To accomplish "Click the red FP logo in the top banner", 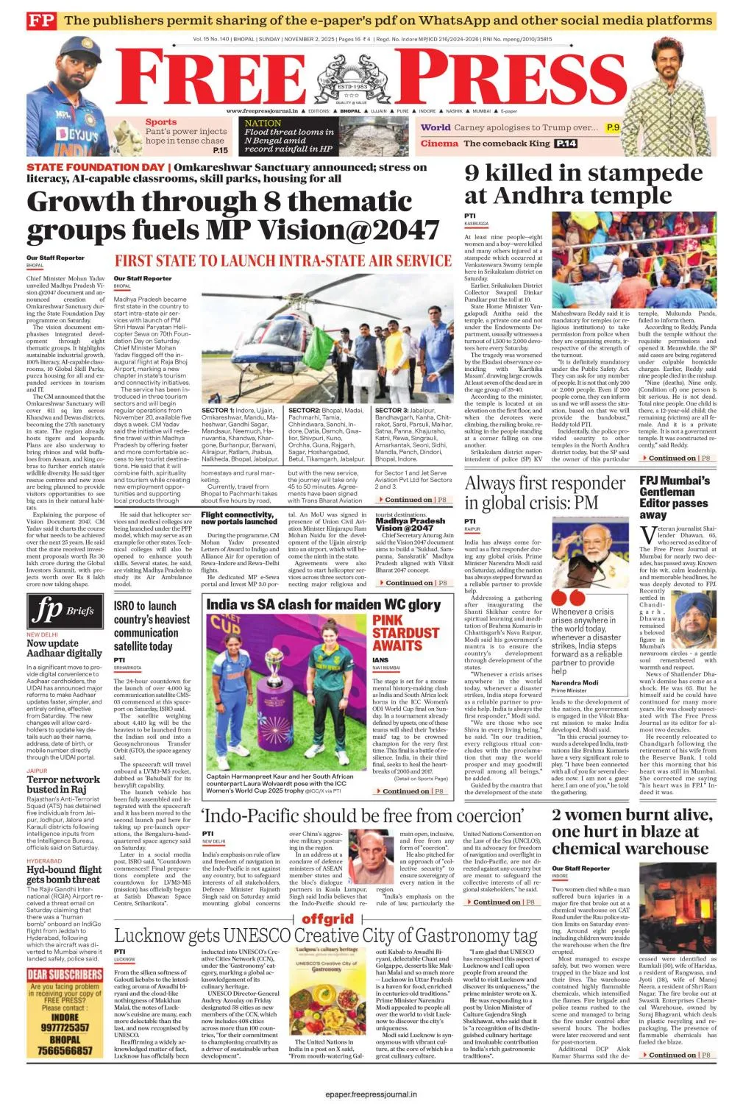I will click(x=41, y=21).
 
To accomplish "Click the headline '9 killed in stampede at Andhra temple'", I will click(x=583, y=184).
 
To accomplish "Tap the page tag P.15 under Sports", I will click(x=220, y=150).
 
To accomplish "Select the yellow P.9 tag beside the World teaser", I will click(x=613, y=127).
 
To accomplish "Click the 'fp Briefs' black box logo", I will click(x=63, y=609).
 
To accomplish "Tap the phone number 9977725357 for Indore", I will click(x=65, y=1027).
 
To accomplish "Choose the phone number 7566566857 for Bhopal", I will click(x=65, y=1050).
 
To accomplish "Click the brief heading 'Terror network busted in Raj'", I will click(x=63, y=785).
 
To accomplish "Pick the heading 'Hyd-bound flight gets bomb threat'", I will click(x=64, y=874).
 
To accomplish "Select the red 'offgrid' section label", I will click(x=328, y=919).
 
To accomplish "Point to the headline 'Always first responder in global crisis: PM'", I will click(x=544, y=493).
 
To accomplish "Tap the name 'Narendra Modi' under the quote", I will click(x=575, y=682).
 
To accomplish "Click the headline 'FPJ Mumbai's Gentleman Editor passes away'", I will click(x=675, y=498).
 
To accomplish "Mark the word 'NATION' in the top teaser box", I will click(x=263, y=123).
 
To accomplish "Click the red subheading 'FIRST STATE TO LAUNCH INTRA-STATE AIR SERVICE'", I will click(x=282, y=261).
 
